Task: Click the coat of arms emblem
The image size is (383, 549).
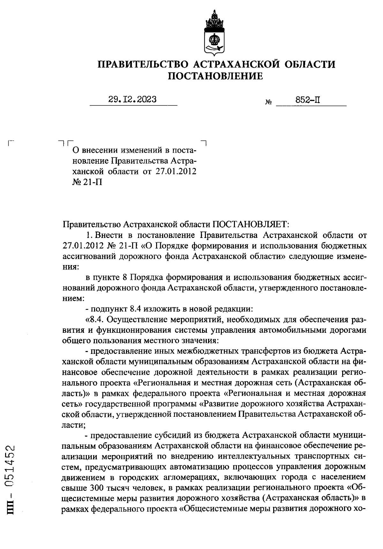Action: coord(214,34)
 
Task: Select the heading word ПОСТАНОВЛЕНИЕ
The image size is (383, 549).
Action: coord(215,76)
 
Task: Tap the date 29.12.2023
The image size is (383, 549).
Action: coord(132,100)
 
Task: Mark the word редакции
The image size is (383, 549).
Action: coord(235,309)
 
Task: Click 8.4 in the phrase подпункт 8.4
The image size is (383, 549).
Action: coord(136,309)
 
